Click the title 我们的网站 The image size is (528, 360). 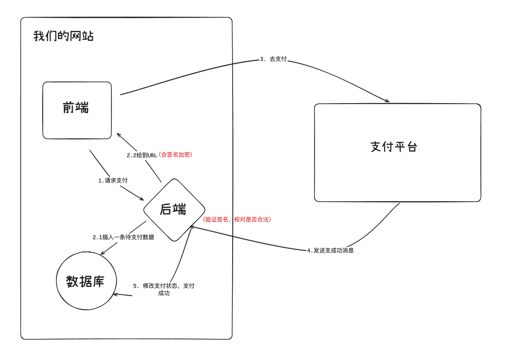tap(63, 36)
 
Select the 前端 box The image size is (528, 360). tap(77, 110)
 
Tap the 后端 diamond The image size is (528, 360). tap(174, 210)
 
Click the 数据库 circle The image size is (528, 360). tap(86, 281)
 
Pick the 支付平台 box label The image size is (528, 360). tap(394, 146)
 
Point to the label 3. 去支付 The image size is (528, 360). tap(273, 59)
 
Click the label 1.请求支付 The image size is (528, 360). tap(113, 180)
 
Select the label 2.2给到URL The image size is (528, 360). tap(142, 155)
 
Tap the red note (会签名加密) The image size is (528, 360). tap(175, 154)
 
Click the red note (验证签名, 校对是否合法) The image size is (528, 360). tap(237, 219)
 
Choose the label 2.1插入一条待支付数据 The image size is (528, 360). tap(123, 237)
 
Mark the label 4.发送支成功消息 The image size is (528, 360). tap(330, 250)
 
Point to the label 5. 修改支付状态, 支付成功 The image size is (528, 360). tap(164, 289)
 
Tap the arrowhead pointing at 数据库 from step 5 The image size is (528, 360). tap(115, 294)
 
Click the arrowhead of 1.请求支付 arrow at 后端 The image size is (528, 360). tap(142, 199)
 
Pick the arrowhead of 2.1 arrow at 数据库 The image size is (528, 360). tap(102, 253)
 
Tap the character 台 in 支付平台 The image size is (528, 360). tap(411, 146)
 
